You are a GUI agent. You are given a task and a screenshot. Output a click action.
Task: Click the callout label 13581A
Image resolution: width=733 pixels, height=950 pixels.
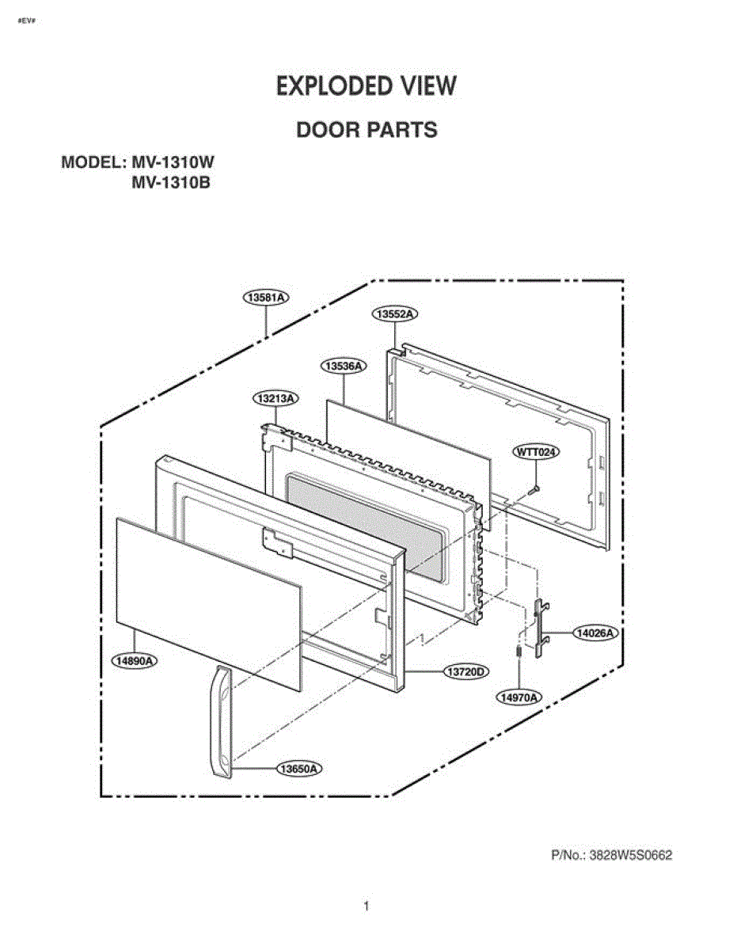click(x=266, y=298)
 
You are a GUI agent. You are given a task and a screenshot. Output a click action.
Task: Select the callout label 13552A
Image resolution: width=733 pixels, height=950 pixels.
click(x=395, y=314)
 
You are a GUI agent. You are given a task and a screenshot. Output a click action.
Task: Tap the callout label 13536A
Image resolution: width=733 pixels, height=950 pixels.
click(x=344, y=366)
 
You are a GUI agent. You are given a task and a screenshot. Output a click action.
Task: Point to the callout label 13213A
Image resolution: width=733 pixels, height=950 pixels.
click(x=276, y=399)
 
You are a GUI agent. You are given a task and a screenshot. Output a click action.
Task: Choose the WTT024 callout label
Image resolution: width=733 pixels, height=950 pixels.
click(x=536, y=451)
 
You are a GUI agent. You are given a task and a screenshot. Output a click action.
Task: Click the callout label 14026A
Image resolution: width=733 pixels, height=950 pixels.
click(x=595, y=633)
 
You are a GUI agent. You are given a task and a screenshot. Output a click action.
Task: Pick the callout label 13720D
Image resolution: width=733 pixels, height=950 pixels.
click(x=466, y=671)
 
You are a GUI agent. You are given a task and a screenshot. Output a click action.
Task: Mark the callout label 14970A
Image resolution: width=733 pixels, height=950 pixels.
click(x=518, y=697)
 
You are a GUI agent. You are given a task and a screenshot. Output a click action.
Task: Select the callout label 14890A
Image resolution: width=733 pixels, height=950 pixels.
click(x=135, y=660)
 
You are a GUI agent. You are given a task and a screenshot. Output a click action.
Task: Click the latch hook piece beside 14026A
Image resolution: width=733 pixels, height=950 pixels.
click(x=542, y=629)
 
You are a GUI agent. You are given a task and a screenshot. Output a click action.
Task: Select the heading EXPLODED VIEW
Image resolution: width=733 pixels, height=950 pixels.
click(x=366, y=86)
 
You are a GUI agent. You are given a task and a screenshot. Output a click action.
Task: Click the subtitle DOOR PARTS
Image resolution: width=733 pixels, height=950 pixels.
click(x=366, y=130)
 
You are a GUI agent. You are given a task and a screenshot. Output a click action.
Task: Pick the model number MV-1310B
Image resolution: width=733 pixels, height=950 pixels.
click(x=171, y=183)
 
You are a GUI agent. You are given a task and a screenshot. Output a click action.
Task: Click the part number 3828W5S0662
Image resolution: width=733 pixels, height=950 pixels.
click(x=631, y=855)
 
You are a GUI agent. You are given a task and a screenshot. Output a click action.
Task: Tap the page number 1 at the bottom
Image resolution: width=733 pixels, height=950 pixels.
click(x=366, y=906)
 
